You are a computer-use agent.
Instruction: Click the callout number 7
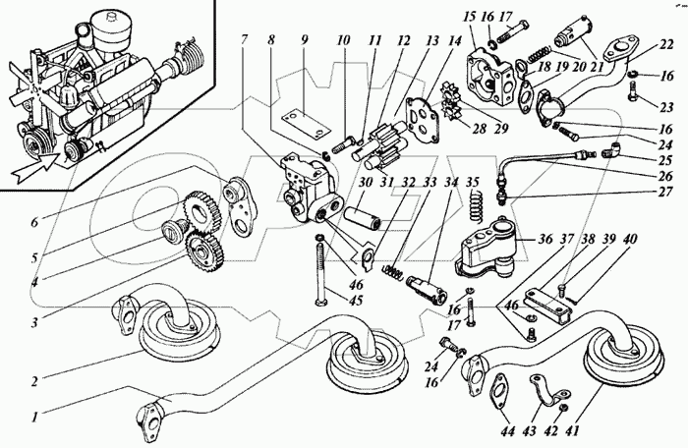click(245, 39)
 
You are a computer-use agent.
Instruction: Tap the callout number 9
click(305, 41)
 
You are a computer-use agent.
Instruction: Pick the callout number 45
click(356, 301)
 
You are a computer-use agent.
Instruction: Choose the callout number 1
click(35, 416)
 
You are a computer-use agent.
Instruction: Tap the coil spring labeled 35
click(474, 205)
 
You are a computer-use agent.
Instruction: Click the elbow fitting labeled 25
click(613, 148)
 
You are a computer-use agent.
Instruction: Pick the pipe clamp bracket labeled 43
click(548, 389)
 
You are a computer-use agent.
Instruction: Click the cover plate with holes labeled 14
click(423, 119)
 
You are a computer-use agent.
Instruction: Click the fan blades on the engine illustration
click(28, 84)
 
